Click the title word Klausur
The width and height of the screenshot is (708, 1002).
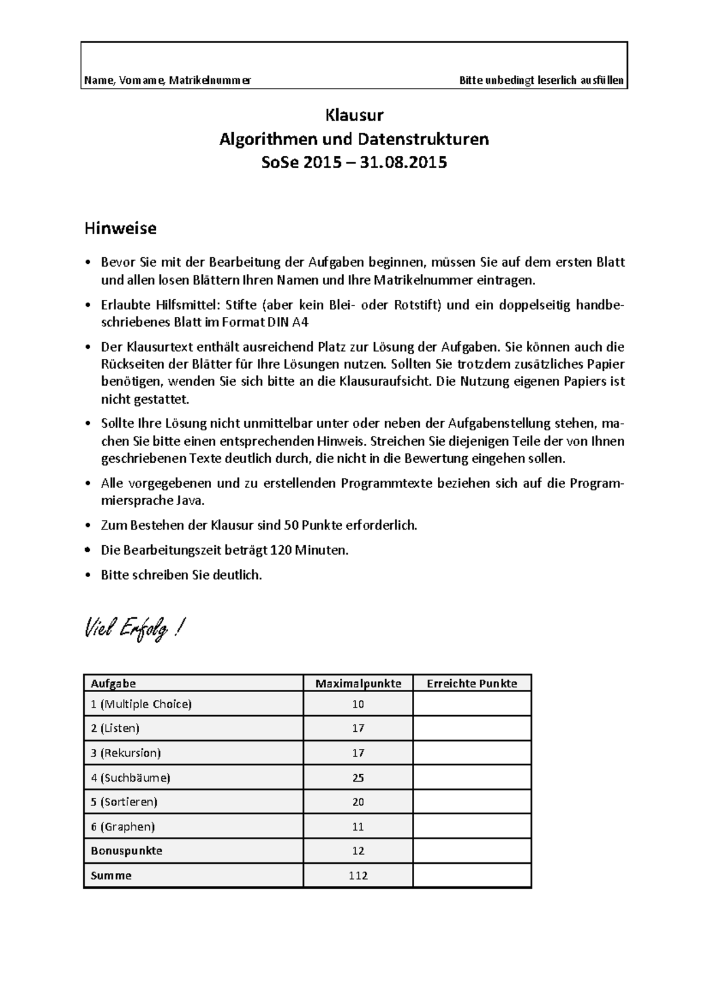point(354,114)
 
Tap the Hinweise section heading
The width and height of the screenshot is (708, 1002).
point(120,228)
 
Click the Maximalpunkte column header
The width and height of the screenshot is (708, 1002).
point(358,683)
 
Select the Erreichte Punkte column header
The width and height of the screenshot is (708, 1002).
point(471,683)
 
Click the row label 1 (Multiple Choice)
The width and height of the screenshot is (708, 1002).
point(141,704)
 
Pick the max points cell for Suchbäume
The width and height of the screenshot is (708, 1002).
point(358,777)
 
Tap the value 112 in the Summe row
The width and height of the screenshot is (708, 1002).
point(358,875)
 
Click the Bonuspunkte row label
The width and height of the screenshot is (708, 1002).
point(126,850)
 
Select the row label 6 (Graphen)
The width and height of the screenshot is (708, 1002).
point(123,826)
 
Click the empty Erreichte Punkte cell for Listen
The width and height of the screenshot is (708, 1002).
point(471,728)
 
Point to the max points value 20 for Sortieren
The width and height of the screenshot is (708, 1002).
point(358,801)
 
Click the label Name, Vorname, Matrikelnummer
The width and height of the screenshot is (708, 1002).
point(168,80)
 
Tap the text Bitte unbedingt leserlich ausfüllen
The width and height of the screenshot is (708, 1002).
point(541,80)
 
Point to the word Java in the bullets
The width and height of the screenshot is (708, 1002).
point(191,500)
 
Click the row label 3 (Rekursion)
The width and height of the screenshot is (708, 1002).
point(126,753)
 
